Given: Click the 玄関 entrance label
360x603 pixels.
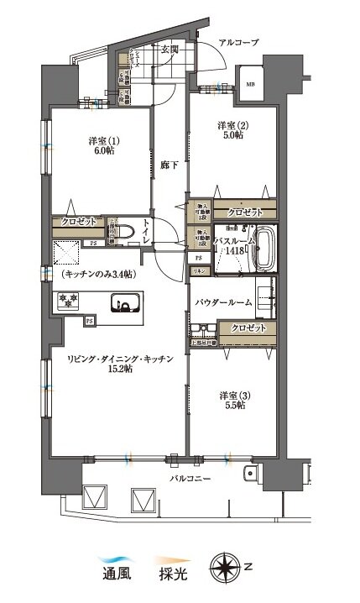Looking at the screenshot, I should tap(170, 49).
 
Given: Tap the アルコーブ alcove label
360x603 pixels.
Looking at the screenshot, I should tap(238, 42).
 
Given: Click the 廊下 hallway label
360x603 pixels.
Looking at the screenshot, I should tap(168, 165).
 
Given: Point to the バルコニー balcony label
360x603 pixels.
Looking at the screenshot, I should tap(185, 479).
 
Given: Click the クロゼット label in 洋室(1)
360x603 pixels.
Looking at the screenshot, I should tap(78, 223).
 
